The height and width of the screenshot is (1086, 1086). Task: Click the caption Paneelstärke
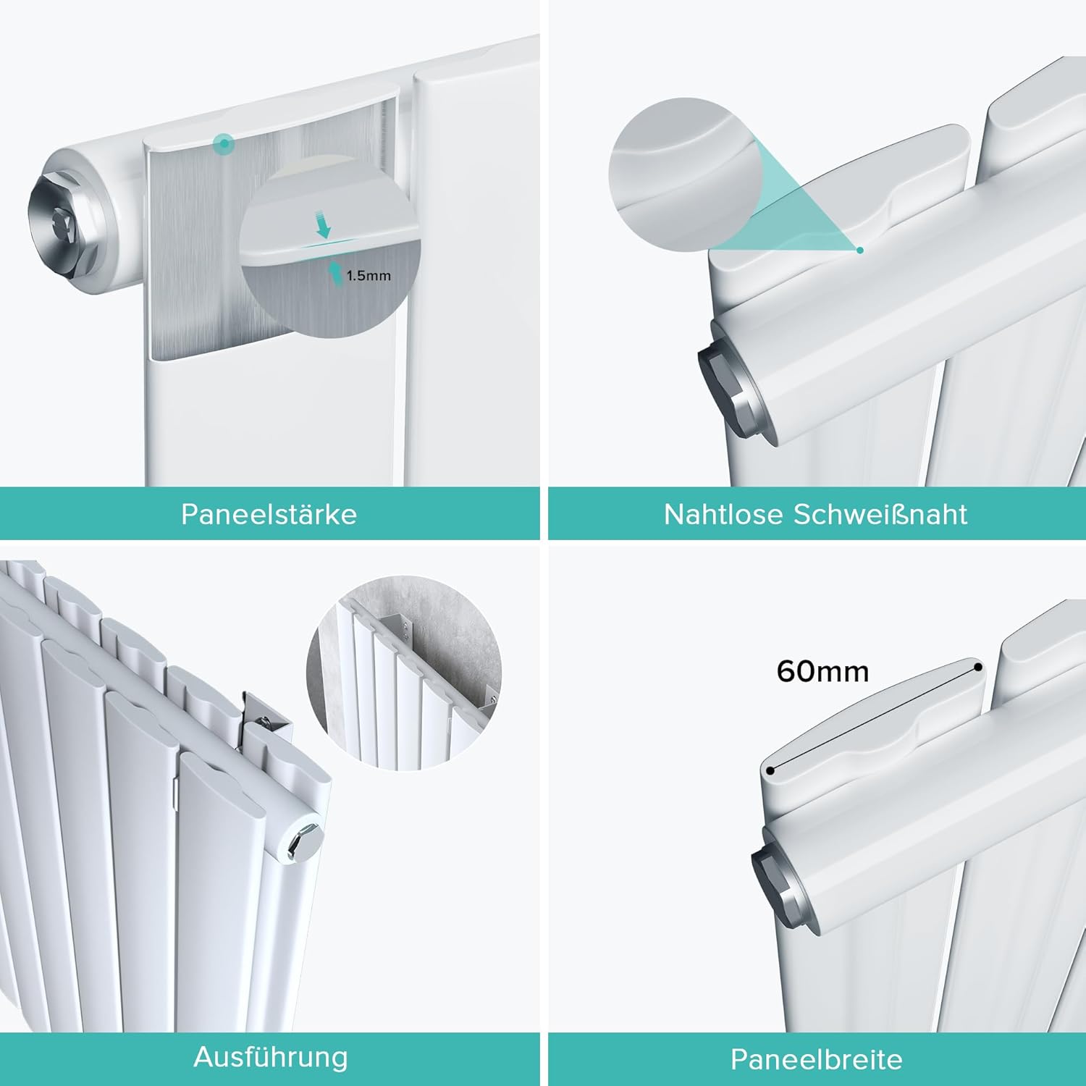[269, 514]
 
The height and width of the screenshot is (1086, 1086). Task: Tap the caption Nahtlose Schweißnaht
[815, 514]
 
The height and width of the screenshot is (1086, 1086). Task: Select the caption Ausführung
[270, 1057]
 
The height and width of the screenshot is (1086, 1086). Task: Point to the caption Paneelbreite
[816, 1059]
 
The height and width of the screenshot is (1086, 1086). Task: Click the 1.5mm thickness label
[369, 276]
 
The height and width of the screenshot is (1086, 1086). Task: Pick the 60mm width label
[822, 671]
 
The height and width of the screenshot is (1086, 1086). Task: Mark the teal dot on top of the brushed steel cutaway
[225, 143]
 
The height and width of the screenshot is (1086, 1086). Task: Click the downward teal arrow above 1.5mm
[323, 224]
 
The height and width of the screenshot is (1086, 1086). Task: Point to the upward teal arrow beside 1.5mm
[336, 273]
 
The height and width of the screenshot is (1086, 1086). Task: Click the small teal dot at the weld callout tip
[860, 251]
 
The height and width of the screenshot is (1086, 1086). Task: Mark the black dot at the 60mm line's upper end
[978, 667]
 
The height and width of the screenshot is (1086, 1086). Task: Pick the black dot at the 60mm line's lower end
[770, 770]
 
